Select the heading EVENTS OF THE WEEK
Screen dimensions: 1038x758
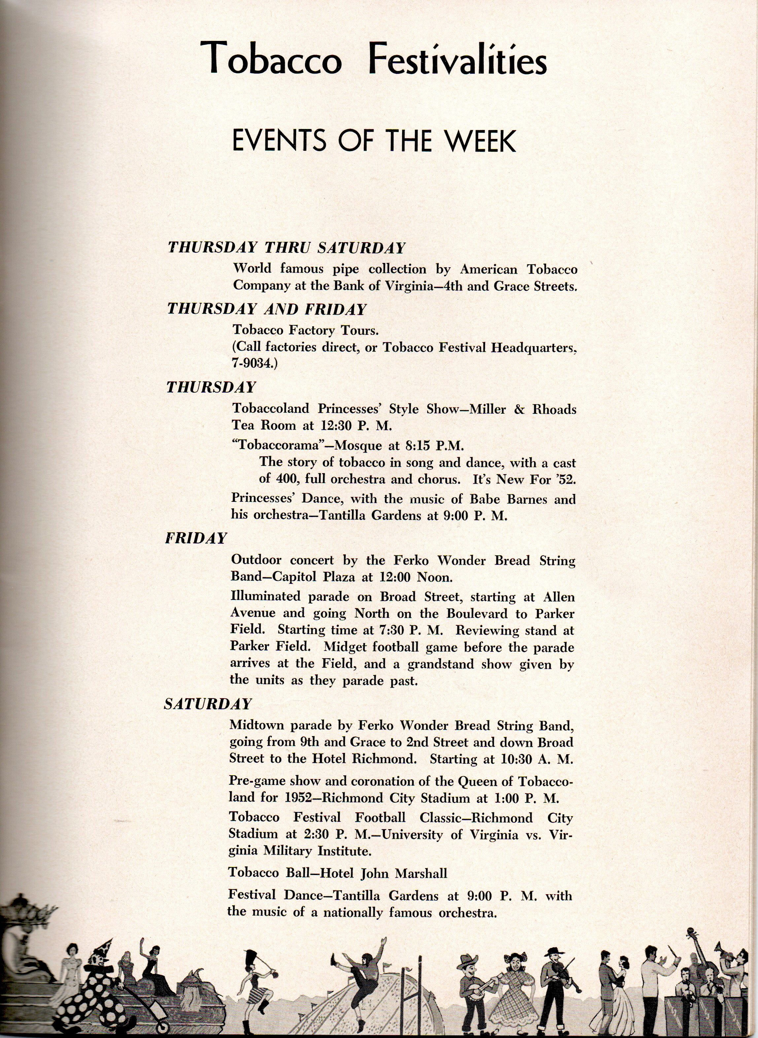[x=374, y=142]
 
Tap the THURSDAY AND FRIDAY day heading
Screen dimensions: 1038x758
[x=266, y=309]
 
